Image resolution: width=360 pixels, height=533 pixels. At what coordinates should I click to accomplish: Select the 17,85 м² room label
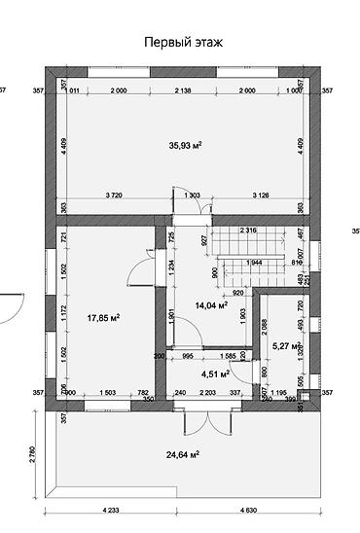pyautogui.click(x=103, y=317)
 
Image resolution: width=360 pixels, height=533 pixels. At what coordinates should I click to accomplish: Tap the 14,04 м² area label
pyautogui.click(x=211, y=304)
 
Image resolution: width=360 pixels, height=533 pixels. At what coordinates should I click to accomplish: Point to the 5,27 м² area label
pyautogui.click(x=285, y=344)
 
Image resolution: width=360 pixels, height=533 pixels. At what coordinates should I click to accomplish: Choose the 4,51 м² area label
pyautogui.click(x=215, y=373)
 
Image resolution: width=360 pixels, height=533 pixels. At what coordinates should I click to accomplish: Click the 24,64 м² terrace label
pyautogui.click(x=182, y=454)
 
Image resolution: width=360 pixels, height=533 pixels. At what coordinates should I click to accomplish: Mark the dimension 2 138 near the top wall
pyautogui.click(x=185, y=89)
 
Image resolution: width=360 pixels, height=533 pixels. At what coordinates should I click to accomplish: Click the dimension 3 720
pyautogui.click(x=114, y=195)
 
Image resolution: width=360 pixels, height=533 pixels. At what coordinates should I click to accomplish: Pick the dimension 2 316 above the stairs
pyautogui.click(x=245, y=230)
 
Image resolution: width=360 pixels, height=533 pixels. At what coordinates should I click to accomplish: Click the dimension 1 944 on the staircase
pyautogui.click(x=256, y=263)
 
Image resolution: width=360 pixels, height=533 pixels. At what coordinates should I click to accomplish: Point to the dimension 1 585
pyautogui.click(x=230, y=356)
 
